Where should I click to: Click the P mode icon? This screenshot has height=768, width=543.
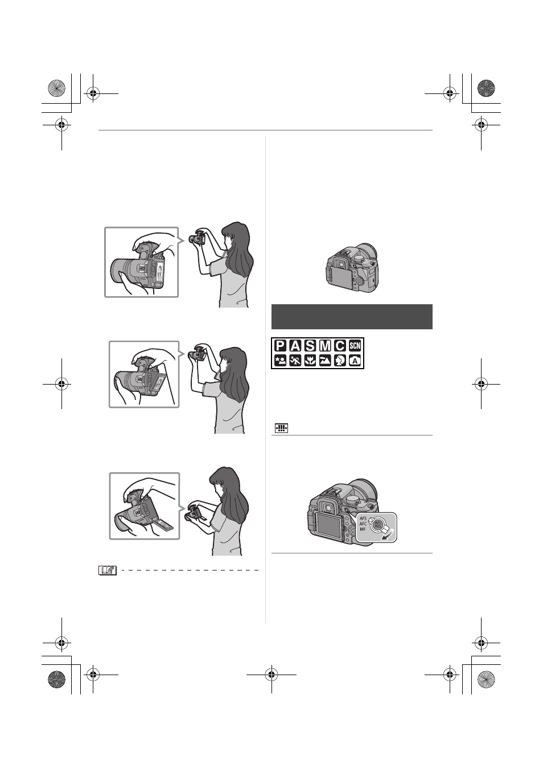click(280, 346)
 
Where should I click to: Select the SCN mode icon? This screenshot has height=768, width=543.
click(355, 346)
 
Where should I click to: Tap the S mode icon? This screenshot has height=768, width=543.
click(310, 346)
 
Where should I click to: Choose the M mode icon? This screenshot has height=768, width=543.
click(325, 346)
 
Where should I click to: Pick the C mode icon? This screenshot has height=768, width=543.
click(340, 346)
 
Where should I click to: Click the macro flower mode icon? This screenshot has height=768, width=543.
click(310, 361)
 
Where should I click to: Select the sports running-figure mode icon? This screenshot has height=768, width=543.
click(295, 361)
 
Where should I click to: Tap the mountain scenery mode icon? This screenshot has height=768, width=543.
click(325, 361)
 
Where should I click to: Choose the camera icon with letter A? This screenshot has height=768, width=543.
click(355, 361)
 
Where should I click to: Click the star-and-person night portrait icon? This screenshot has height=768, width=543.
click(280, 361)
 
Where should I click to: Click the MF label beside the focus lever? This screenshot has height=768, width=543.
click(363, 529)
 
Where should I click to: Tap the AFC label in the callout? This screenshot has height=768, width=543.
click(363, 524)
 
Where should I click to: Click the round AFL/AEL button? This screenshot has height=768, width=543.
click(378, 524)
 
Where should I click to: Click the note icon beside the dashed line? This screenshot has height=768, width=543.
click(108, 570)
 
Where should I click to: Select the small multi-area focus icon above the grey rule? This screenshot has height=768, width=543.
click(281, 428)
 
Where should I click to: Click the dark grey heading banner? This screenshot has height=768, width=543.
click(352, 316)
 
